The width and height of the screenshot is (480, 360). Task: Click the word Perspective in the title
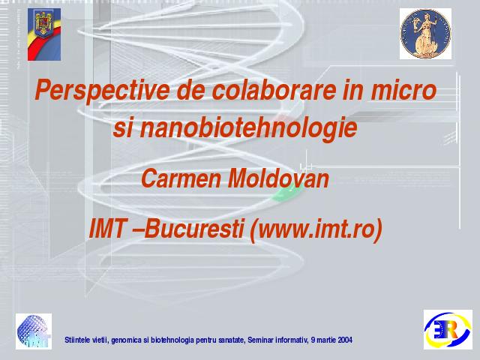coord(102,90)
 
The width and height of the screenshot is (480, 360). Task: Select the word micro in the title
coord(403,89)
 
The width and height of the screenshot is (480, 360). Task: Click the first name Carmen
coord(181,178)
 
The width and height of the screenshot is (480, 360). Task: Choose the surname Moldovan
coord(278,178)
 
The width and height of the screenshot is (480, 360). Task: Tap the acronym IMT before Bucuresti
coord(107,229)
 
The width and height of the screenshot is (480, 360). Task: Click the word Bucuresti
coord(193,229)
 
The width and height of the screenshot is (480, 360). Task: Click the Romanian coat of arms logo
coord(44,34)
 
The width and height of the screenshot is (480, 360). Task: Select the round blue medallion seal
coord(425,34)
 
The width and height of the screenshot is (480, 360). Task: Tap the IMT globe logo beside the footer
coord(34,331)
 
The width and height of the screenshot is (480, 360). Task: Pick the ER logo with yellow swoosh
coord(448,329)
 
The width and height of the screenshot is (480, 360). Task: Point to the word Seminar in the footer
coord(259,340)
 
